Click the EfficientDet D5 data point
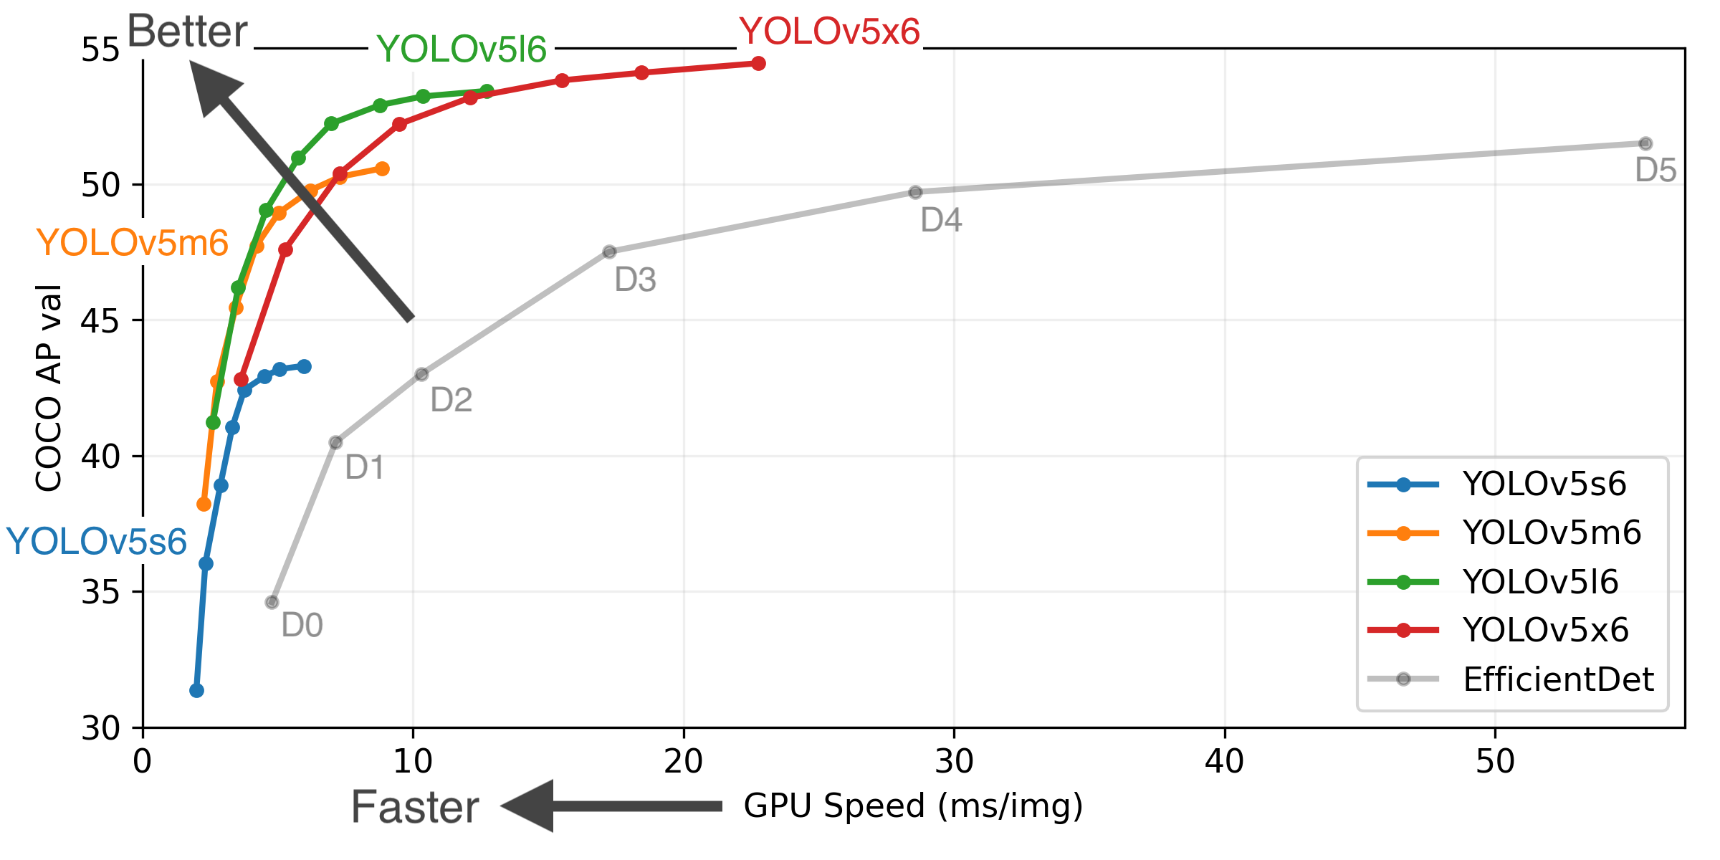pos(1645,144)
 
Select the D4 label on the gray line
pos(940,220)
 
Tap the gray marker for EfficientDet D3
pos(609,252)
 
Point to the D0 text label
pos(302,626)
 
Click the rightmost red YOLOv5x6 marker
pos(758,64)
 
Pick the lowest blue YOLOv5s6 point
pos(196,690)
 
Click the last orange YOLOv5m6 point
pos(382,169)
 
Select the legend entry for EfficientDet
pos(1557,679)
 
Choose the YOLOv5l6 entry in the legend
pos(1540,582)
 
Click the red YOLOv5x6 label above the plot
pos(829,32)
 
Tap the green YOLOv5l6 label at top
pos(461,49)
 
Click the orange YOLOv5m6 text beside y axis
pos(133,243)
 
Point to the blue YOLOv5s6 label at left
pos(97,542)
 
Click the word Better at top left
pos(187,32)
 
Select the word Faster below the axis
pos(415,808)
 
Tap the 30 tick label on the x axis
pos(954,762)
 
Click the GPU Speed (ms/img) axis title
pos(913,806)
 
